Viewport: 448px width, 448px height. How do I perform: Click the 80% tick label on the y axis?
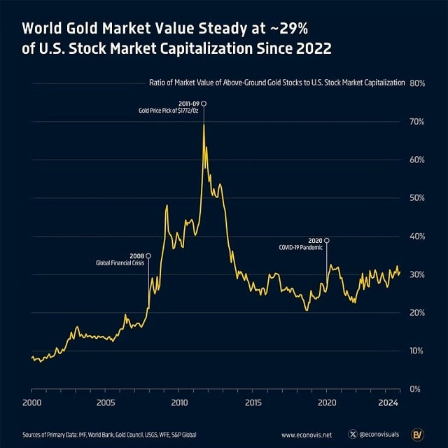[x=418, y=83]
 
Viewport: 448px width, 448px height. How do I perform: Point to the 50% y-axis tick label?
[x=418, y=197]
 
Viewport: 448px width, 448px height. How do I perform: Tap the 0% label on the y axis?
[x=416, y=388]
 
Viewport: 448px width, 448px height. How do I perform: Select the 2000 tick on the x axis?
[x=31, y=403]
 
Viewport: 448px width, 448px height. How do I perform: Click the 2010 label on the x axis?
[x=179, y=403]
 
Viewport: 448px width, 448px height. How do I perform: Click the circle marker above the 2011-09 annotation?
[x=204, y=104]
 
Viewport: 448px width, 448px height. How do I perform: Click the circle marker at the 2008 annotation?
[x=148, y=255]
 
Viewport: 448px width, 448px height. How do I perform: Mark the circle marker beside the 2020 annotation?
[x=327, y=240]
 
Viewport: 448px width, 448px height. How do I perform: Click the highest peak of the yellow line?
[x=204, y=125]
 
